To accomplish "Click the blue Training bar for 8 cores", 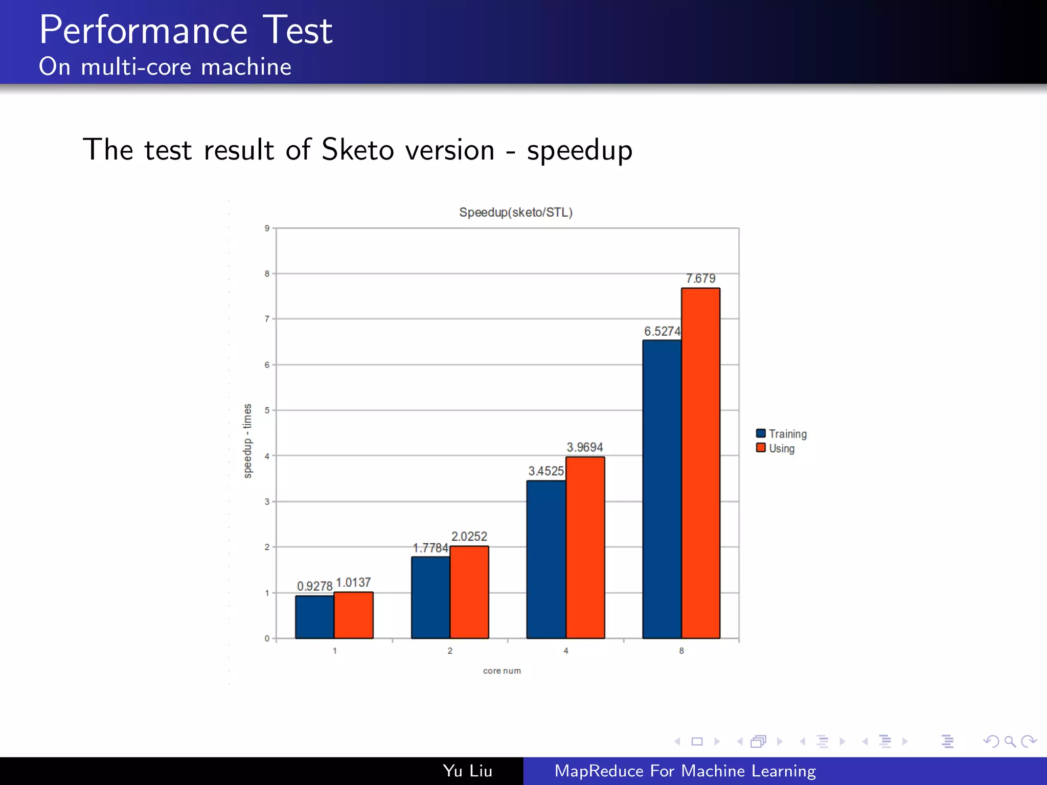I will click(662, 489).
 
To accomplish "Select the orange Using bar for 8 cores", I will click(700, 463).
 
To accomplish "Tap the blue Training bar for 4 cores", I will click(546, 559).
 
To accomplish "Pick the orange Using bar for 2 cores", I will click(469, 592).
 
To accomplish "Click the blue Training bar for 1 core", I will click(314, 617).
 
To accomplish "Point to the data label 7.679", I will click(700, 279).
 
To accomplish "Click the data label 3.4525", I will click(546, 471).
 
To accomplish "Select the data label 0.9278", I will click(314, 586).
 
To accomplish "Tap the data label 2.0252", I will click(469, 537).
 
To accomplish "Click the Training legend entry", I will click(782, 434).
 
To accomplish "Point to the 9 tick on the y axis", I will click(267, 228).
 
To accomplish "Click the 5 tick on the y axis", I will click(267, 410).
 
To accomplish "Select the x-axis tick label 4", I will click(565, 651).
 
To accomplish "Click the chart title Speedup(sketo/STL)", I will click(515, 212).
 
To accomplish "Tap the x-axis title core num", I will click(502, 671).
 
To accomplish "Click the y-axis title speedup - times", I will click(247, 441).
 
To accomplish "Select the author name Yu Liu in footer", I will click(467, 771).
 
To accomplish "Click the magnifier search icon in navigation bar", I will click(1010, 741).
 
